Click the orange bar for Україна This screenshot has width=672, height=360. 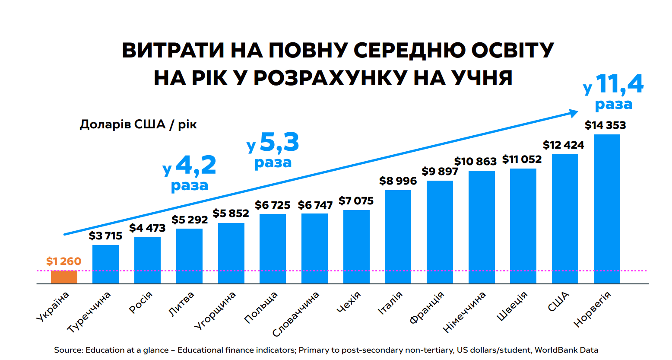click(64, 277)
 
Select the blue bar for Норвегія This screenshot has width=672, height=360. click(607, 209)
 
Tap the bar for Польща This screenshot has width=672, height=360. click(273, 249)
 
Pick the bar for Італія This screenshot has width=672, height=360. click(398, 237)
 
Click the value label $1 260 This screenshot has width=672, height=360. click(64, 261)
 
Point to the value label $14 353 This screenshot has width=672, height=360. click(605, 125)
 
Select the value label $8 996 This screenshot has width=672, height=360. click(398, 181)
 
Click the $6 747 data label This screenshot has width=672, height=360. click(315, 205)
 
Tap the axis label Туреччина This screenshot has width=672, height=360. click(89, 312)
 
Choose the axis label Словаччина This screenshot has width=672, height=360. click(296, 314)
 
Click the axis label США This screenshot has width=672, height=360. click(558, 302)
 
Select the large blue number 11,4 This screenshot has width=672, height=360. click(620, 84)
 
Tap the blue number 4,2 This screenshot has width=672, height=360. click(196, 165)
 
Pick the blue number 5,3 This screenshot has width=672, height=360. click(279, 142)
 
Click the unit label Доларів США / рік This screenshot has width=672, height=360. click(138, 124)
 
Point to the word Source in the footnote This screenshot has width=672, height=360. click(68, 350)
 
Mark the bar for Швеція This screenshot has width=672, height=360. click(523, 226)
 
